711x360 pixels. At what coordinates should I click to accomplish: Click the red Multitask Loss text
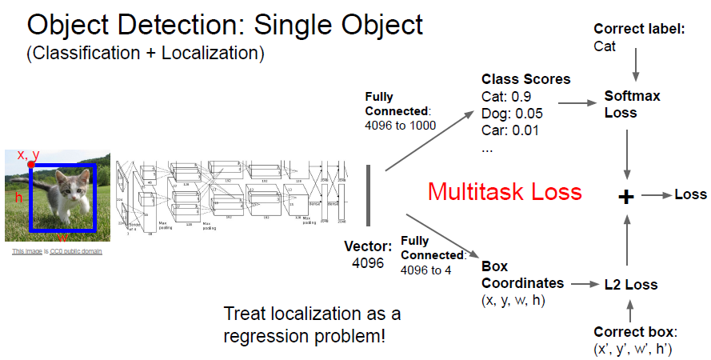505,192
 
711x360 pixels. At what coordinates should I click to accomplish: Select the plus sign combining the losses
627,196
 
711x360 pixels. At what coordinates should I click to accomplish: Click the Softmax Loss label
633,104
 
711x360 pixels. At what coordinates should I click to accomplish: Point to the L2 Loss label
632,284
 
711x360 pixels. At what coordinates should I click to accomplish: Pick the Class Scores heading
525,79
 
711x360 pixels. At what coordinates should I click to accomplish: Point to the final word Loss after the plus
691,194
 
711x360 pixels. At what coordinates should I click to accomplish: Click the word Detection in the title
182,26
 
